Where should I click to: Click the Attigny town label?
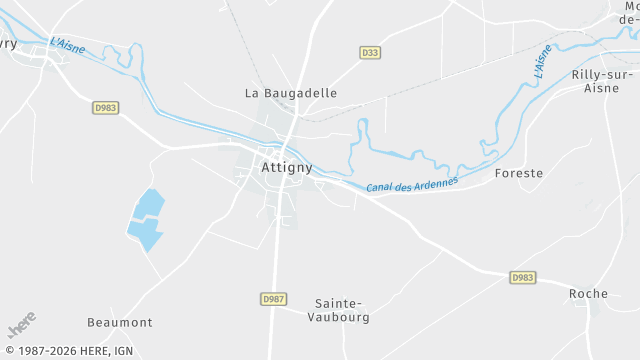click(x=287, y=168)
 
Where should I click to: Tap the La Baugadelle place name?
click(x=291, y=93)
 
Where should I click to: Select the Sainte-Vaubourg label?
click(x=343, y=310)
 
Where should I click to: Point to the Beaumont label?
click(x=120, y=322)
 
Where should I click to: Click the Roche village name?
click(x=588, y=293)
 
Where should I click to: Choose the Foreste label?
click(x=519, y=173)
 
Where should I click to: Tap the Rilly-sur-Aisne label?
click(x=603, y=81)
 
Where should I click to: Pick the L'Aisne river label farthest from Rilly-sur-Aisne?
click(x=68, y=45)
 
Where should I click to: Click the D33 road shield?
click(x=370, y=52)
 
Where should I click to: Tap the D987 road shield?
click(x=272, y=299)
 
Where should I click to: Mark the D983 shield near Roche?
click(x=521, y=277)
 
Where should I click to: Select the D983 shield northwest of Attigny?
click(x=105, y=107)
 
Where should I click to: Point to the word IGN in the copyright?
click(x=123, y=351)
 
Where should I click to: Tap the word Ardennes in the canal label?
click(x=431, y=182)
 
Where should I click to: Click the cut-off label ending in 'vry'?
click(x=8, y=43)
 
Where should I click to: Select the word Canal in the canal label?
click(x=378, y=188)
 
